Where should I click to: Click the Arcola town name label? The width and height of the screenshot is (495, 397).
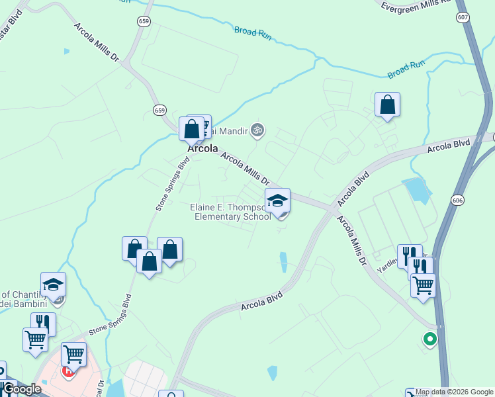point(202,149)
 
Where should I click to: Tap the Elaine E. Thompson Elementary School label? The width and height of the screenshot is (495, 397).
point(230,212)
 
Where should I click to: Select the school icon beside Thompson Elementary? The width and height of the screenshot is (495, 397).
point(277,201)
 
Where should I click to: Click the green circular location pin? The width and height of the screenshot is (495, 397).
point(429,339)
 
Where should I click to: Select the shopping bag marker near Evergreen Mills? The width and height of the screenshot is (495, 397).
point(387,105)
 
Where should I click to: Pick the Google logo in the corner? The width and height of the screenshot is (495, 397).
point(21,389)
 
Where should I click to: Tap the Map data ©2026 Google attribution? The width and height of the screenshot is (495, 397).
point(454,392)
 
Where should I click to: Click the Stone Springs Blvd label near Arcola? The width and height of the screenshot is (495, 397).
point(169,184)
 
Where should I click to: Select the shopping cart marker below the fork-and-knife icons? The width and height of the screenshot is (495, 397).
point(423,287)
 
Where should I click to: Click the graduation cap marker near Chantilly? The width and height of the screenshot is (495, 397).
point(53,285)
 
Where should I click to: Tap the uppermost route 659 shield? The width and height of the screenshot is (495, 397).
point(144,22)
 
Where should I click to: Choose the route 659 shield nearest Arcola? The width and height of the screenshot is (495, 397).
point(159,109)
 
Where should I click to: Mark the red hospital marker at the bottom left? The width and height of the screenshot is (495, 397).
point(68,369)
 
